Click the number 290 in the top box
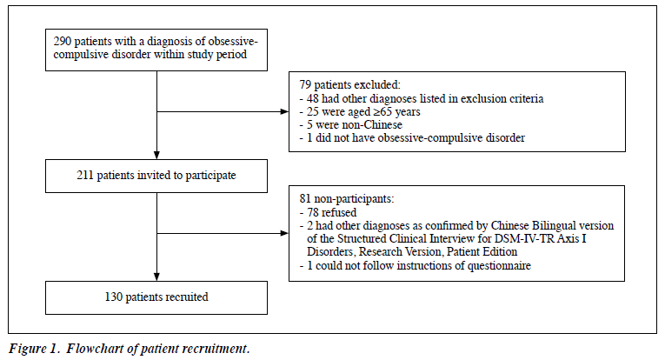tap(62, 42)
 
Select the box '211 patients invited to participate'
tap(156, 176)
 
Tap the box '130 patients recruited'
tap(156, 297)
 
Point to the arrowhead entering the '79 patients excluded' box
tap(284, 111)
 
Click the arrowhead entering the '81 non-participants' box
tap(284, 233)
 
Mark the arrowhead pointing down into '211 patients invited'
tap(156, 155)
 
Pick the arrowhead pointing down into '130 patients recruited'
tap(156, 277)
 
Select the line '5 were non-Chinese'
tap(350, 125)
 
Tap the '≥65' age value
tap(382, 112)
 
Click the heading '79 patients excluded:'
tap(350, 85)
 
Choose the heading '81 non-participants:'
tap(347, 199)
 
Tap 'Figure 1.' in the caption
tap(33, 349)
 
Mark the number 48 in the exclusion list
tap(313, 99)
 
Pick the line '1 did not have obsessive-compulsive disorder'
tap(412, 138)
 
